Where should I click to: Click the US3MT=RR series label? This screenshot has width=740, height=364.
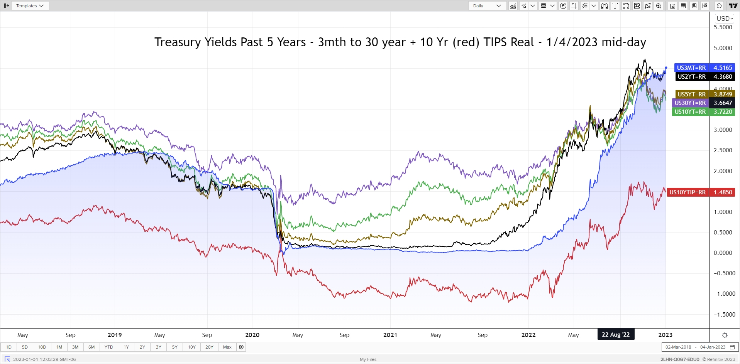click(x=691, y=68)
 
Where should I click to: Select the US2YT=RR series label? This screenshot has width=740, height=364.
click(x=691, y=77)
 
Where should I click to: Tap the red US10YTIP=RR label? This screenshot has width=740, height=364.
click(x=687, y=192)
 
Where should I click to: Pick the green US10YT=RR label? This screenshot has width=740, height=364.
click(x=690, y=112)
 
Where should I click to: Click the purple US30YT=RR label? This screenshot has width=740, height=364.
click(x=690, y=103)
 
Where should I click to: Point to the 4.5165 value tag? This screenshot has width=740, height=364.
click(x=723, y=68)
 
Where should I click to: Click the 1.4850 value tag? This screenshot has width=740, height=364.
click(x=723, y=192)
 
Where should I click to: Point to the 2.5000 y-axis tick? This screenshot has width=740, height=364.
click(x=723, y=150)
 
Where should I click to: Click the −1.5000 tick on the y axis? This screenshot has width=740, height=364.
click(x=723, y=315)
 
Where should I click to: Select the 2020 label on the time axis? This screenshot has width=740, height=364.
click(x=252, y=335)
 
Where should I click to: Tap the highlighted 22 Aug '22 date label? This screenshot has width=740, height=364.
click(x=615, y=335)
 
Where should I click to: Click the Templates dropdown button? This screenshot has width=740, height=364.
click(x=30, y=6)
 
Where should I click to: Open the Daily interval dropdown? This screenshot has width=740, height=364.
click(x=487, y=6)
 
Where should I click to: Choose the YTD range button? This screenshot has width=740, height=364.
click(x=109, y=347)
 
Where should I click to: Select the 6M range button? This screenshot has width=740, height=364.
click(x=91, y=347)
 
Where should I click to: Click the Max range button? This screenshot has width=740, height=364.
click(x=227, y=347)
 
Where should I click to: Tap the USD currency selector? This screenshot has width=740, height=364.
click(x=724, y=19)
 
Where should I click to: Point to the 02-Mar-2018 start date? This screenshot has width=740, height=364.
click(x=678, y=347)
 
